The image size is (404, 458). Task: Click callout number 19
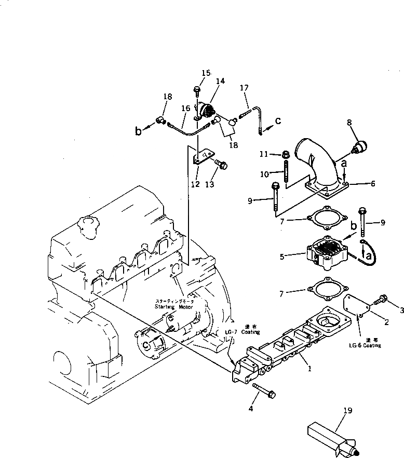tap(347, 411)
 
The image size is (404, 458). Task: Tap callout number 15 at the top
tap(206, 73)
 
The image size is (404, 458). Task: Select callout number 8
tap(348, 124)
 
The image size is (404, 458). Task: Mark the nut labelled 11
tap(285, 154)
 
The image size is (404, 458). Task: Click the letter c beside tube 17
tap(278, 122)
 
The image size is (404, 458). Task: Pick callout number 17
tap(244, 88)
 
